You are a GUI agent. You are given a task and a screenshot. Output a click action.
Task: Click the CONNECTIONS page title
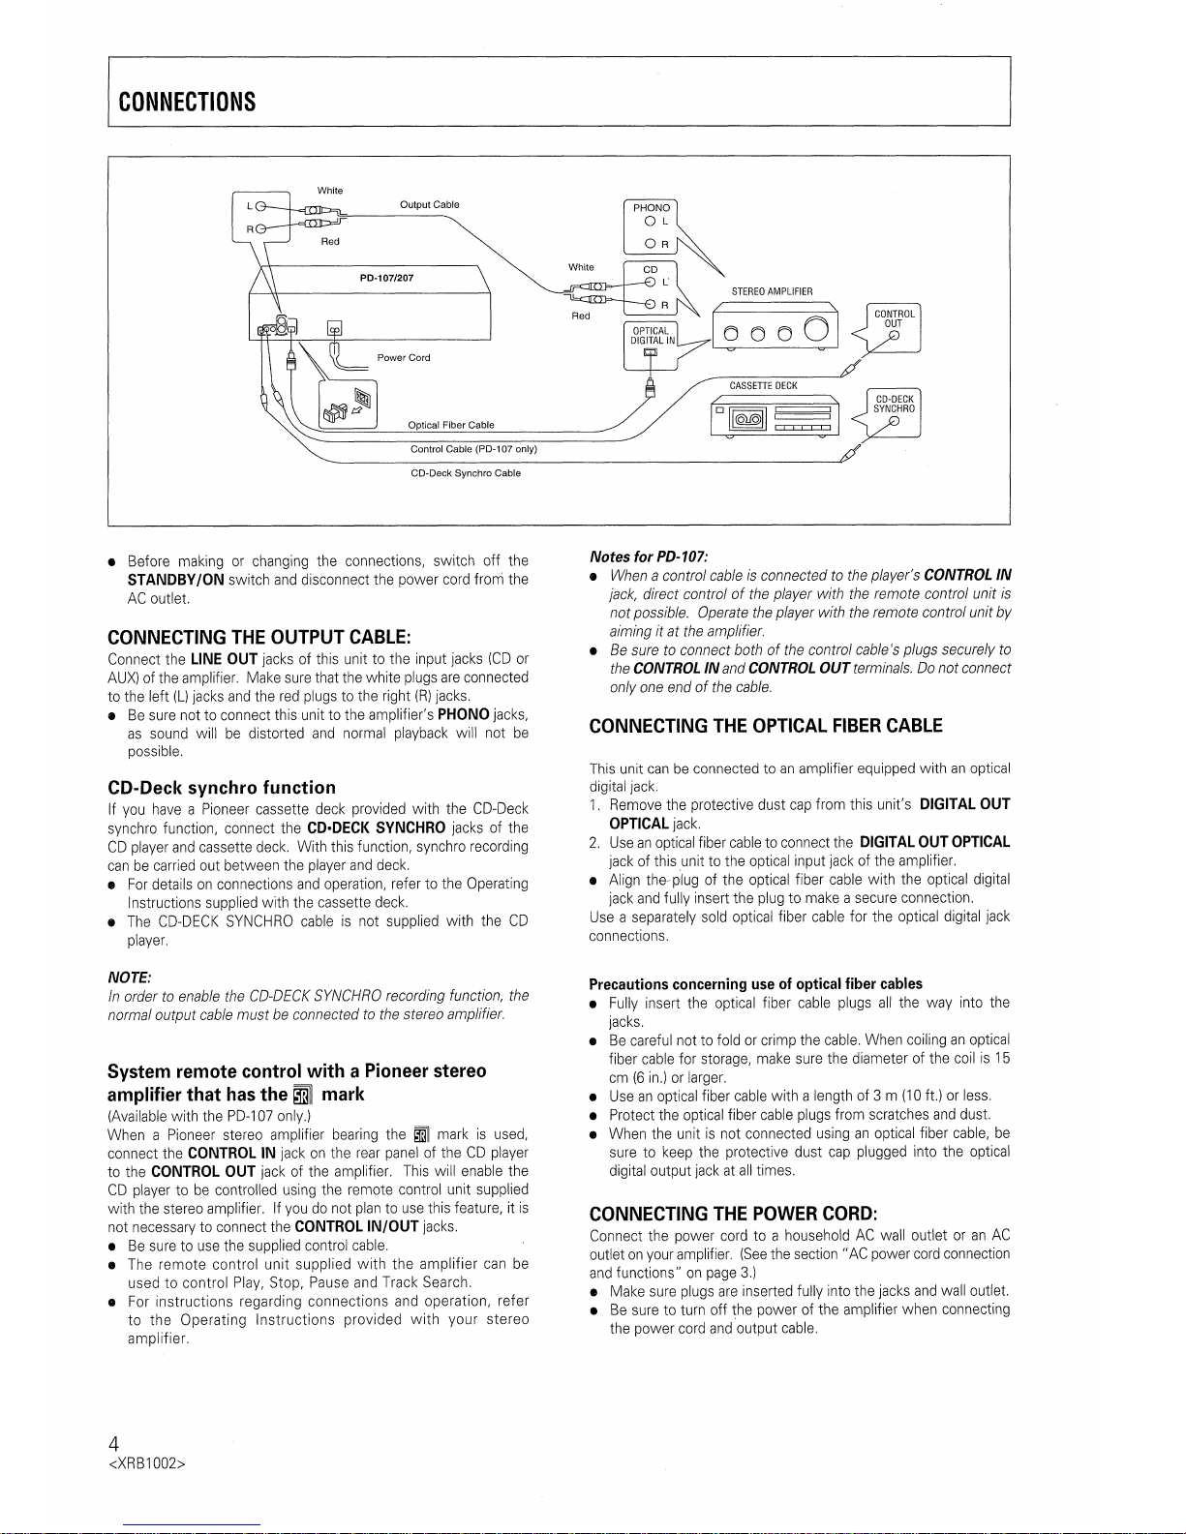(187, 102)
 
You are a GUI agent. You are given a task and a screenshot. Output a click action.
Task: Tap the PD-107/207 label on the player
(386, 278)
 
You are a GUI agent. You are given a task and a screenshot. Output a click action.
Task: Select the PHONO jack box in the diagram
(652, 225)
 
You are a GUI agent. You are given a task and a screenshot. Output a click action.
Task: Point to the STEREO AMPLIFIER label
(773, 291)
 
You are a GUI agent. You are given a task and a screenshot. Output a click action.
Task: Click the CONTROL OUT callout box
(894, 327)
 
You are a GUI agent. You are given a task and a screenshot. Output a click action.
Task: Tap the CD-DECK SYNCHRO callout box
(894, 411)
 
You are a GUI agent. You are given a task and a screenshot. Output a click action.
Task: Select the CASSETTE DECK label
(763, 385)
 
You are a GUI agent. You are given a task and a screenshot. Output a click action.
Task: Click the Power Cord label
(404, 358)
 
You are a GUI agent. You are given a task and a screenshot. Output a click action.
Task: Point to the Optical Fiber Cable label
(451, 425)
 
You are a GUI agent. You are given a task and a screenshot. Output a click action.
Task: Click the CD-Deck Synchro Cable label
(466, 473)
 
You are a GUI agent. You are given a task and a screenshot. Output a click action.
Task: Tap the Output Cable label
(429, 205)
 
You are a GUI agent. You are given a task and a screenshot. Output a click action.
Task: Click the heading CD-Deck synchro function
(222, 788)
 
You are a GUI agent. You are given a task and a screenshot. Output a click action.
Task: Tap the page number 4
(114, 1445)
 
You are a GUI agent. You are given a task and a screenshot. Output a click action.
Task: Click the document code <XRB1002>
(146, 1464)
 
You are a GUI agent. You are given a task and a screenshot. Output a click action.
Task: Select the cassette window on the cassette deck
(746, 419)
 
